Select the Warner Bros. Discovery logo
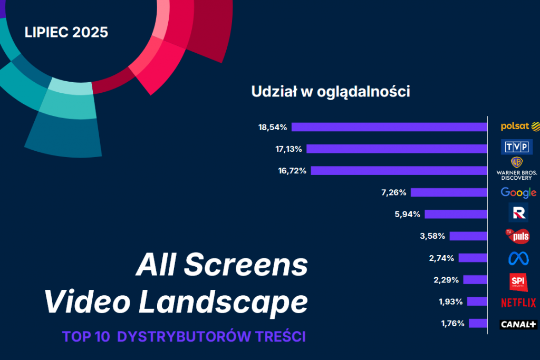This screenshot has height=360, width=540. (517, 168)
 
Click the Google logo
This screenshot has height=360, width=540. (518, 192)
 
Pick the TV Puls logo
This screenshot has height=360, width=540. (517, 235)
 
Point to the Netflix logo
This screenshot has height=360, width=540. (518, 302)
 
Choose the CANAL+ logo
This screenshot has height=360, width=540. (518, 324)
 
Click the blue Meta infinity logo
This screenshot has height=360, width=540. (517, 258)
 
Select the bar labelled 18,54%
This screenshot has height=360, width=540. (389, 127)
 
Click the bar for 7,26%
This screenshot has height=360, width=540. (449, 192)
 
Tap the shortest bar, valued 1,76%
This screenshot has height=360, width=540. (477, 323)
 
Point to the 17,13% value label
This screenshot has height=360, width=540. (288, 149)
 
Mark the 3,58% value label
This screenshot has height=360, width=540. (432, 236)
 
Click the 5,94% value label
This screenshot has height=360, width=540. (407, 214)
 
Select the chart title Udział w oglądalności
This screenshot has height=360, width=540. (331, 92)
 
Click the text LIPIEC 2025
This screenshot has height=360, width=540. (66, 32)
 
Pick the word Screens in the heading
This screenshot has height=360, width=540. (246, 265)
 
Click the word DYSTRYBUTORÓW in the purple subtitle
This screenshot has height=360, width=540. (181, 336)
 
